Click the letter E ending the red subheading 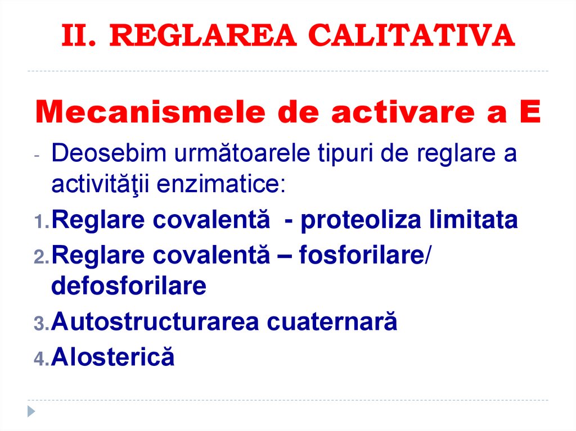pos(530,114)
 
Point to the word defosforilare pos(129,287)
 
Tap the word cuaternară pos(332,323)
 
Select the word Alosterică pos(112,357)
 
